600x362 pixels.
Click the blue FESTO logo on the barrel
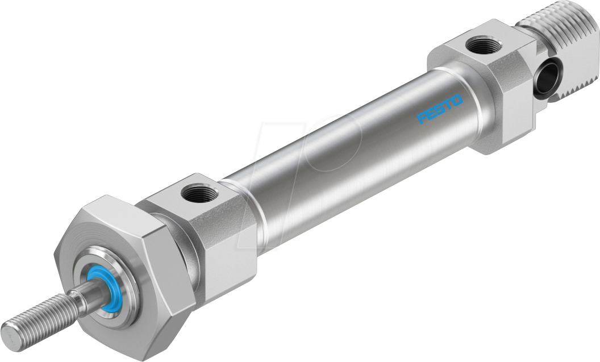(440, 109)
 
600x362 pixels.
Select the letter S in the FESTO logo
(440, 110)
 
